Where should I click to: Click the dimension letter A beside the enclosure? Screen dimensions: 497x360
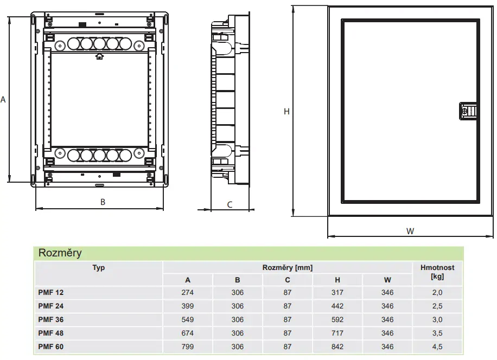click(3, 100)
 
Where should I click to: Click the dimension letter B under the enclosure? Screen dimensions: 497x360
click(103, 202)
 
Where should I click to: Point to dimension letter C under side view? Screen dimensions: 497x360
click(230, 205)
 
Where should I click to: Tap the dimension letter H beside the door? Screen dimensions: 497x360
click(286, 112)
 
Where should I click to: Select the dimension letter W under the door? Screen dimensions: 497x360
click(410, 231)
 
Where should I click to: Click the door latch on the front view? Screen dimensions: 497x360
click(468, 111)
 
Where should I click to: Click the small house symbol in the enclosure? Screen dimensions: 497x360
click(99, 57)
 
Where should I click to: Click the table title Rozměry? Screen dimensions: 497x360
click(60, 253)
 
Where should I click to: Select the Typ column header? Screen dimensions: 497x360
click(99, 268)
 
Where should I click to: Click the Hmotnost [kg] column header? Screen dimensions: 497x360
click(437, 272)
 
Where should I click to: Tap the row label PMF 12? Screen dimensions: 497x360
click(50, 293)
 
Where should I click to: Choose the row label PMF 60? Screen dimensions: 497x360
click(50, 346)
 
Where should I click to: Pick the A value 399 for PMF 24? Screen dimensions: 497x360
click(187, 306)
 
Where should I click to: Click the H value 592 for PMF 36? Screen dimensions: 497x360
click(337, 320)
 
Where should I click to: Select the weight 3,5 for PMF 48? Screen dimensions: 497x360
click(437, 333)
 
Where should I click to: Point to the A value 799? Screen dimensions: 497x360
click(187, 346)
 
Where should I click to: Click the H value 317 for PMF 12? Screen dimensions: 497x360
click(337, 293)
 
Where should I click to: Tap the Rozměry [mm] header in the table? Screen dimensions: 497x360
click(288, 268)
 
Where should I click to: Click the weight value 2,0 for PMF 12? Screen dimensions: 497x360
click(437, 293)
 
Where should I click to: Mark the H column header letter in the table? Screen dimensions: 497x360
click(337, 280)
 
